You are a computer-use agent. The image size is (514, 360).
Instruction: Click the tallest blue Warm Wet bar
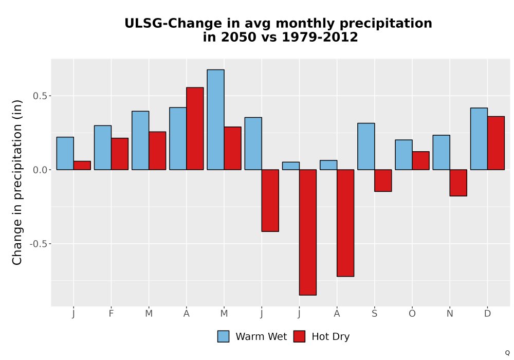point(216,120)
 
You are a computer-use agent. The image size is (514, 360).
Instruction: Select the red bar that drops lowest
point(308,232)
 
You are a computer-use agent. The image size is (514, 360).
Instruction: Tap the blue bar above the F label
point(103,148)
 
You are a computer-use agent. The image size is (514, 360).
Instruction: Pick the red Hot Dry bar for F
point(120,154)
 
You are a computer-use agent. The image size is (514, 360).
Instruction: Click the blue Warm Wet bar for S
point(366,147)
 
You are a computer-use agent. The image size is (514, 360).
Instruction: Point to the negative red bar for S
point(383,181)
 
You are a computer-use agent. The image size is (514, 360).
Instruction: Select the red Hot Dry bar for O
point(420,160)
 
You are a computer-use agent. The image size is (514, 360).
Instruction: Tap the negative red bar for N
point(458,183)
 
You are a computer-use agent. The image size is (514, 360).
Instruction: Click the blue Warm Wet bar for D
point(479,139)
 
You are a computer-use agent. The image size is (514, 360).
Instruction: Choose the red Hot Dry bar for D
point(496,143)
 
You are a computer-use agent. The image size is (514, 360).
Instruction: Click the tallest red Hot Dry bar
point(195,129)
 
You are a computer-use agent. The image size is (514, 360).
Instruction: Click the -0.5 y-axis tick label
point(39,244)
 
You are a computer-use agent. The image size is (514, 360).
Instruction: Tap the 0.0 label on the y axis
point(40,170)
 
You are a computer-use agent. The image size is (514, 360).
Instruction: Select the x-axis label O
point(412,314)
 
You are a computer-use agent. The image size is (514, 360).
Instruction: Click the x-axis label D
point(487,314)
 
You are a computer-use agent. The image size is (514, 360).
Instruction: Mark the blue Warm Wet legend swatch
point(223,336)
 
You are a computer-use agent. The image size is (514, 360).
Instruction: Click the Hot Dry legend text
point(331,337)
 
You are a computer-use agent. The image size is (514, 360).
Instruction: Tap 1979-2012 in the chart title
point(320,37)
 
